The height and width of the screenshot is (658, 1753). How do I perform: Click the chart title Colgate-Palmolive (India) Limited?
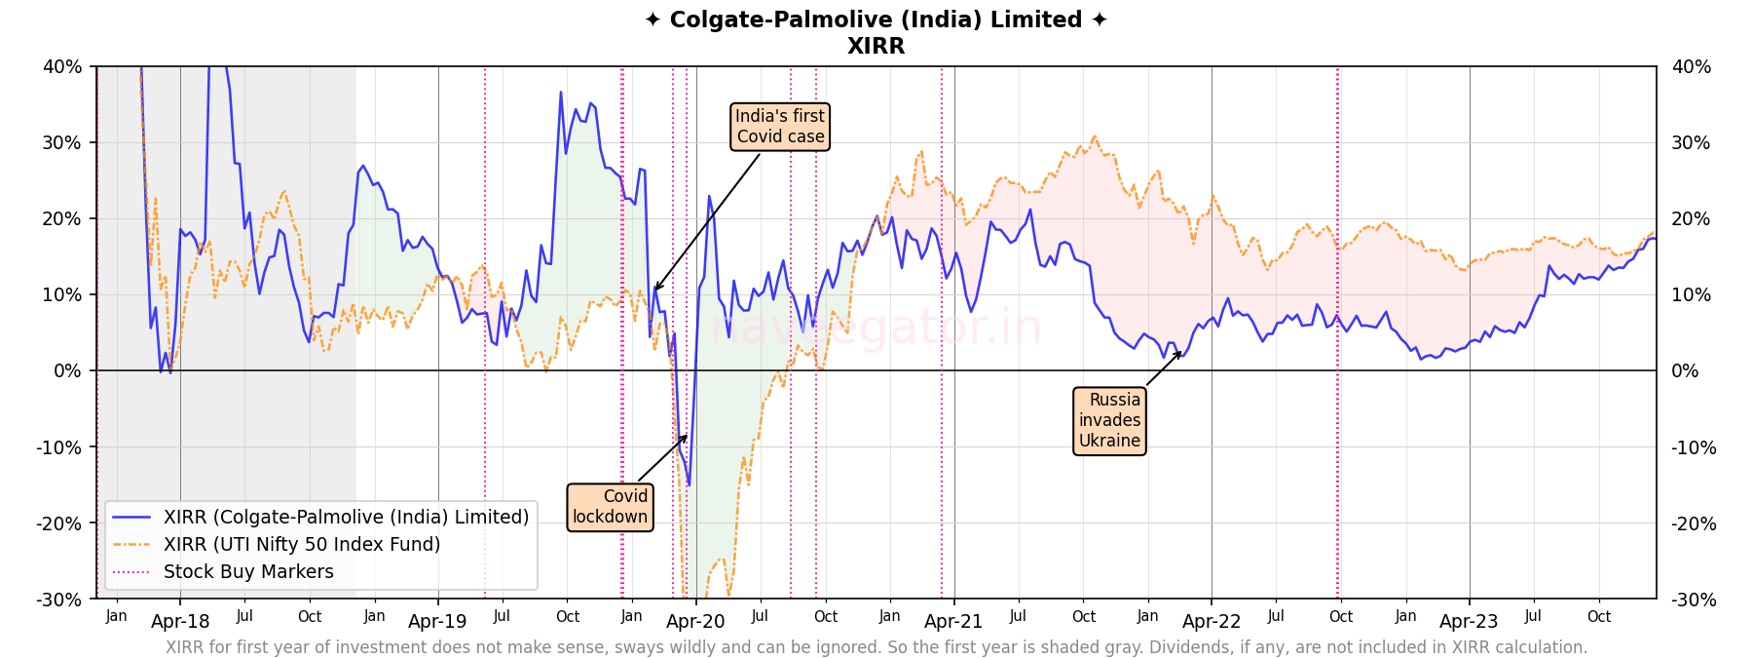(876, 19)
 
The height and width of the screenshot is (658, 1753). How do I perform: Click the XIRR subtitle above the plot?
(876, 46)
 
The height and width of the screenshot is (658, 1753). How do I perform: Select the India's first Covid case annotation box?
(780, 127)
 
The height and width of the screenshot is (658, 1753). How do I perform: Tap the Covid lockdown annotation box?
(610, 507)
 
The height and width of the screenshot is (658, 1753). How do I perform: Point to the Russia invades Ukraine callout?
(1109, 420)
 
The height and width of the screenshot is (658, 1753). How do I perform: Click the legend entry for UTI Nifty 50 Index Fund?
(302, 544)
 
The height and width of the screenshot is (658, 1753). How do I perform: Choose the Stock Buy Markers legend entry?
(248, 571)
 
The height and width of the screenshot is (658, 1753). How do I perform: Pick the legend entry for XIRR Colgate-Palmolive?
(346, 517)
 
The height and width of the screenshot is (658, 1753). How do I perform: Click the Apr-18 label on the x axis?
(180, 622)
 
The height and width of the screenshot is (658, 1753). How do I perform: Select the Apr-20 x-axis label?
(695, 622)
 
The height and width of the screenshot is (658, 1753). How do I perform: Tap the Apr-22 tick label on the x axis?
(1212, 622)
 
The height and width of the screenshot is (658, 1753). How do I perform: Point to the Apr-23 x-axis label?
(1469, 622)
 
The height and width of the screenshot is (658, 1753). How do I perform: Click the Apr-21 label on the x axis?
(953, 622)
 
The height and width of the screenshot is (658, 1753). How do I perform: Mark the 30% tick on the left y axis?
(61, 142)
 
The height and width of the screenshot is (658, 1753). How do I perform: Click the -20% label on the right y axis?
(1691, 523)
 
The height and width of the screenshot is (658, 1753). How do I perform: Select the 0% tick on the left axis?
(67, 370)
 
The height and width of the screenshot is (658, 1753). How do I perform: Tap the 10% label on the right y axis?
(1691, 294)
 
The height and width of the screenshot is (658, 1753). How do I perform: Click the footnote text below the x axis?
(876, 647)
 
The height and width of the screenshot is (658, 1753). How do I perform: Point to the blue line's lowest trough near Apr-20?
(689, 484)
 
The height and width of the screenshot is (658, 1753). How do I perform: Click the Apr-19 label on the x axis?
(437, 622)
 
